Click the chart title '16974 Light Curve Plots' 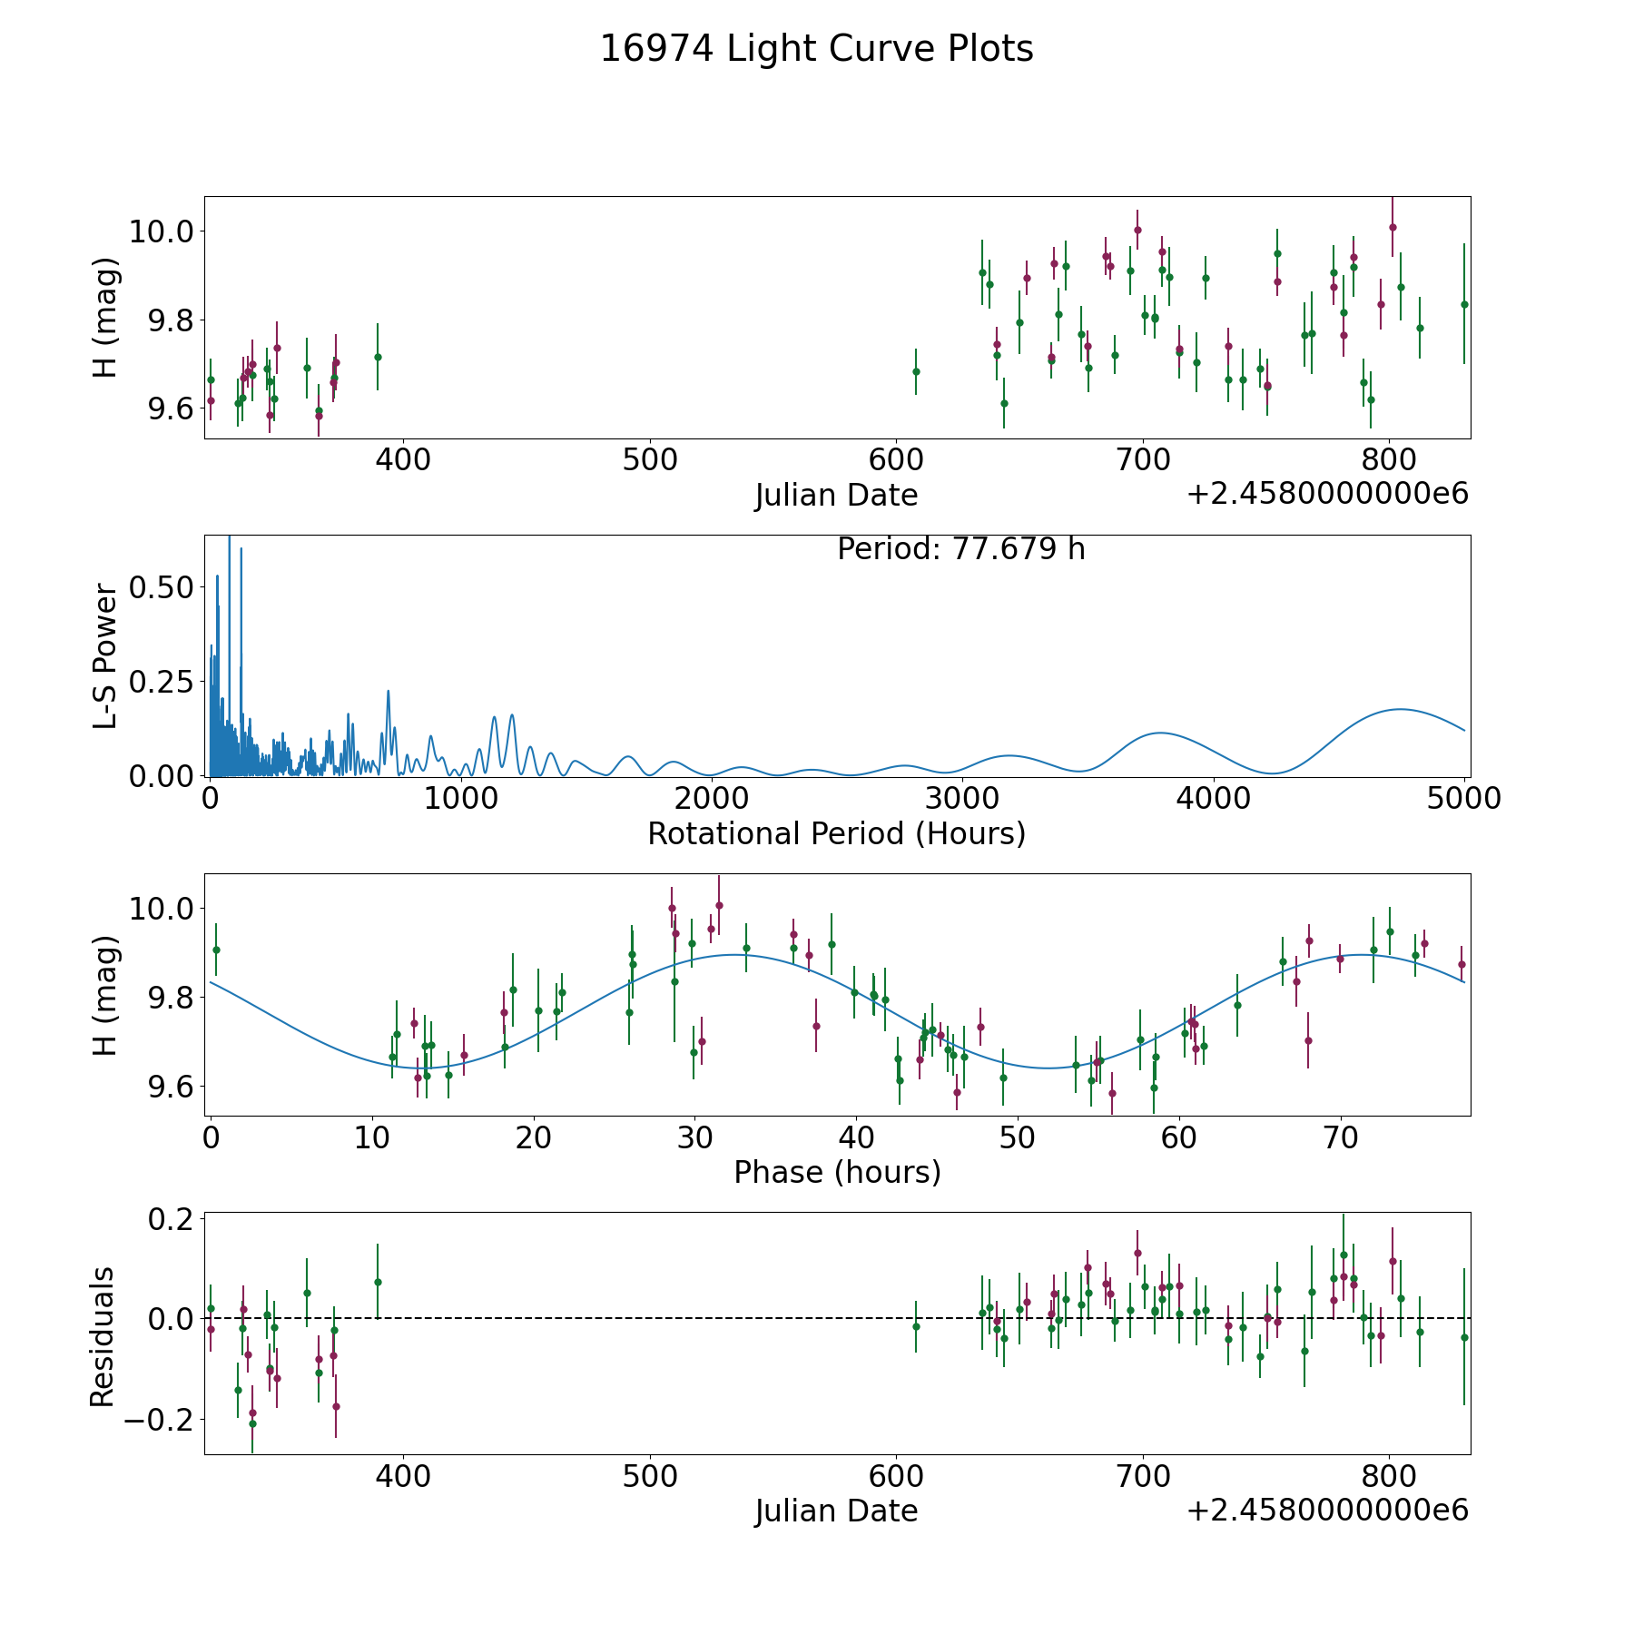pos(816,49)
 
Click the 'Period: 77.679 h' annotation pos(960,549)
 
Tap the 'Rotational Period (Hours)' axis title pos(836,833)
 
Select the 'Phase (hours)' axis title pos(836,1172)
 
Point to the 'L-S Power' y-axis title pos(106,655)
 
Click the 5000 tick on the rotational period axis pos(1464,799)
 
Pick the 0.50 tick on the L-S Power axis pos(161,587)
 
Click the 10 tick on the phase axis pos(371,1137)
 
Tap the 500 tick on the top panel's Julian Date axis pos(650,460)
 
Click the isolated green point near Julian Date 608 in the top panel pos(916,371)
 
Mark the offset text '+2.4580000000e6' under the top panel pos(1327,494)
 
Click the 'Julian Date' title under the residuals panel pos(836,1511)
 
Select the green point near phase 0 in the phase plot pos(216,950)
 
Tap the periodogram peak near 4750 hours pos(1401,709)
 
